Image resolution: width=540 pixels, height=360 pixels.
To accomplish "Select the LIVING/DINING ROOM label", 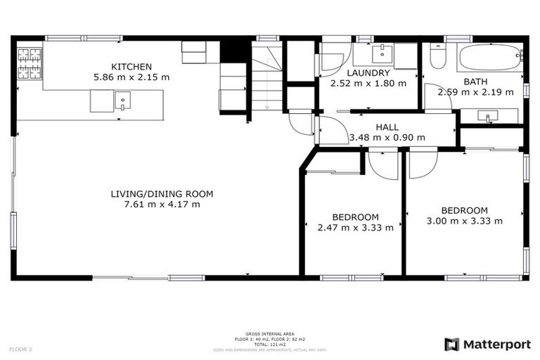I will coord(162,194).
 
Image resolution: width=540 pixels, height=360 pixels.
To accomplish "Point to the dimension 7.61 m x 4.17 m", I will coord(162,205).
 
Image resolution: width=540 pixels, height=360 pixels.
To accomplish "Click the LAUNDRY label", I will coord(363,72).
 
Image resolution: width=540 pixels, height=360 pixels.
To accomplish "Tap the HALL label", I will coord(387,127).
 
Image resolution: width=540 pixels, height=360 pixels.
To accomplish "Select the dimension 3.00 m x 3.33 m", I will coord(464,221).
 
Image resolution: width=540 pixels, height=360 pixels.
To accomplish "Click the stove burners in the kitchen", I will coord(30,62).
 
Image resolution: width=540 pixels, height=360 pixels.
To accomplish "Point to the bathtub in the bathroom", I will coord(490,56).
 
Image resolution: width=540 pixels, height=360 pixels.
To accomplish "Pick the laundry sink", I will coord(382,53).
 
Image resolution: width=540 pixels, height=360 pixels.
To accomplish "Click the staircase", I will coord(266,76).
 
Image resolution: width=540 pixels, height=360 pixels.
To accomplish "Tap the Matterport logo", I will coord(488,345).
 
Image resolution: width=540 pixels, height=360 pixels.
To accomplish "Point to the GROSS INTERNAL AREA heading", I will coord(269,334).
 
